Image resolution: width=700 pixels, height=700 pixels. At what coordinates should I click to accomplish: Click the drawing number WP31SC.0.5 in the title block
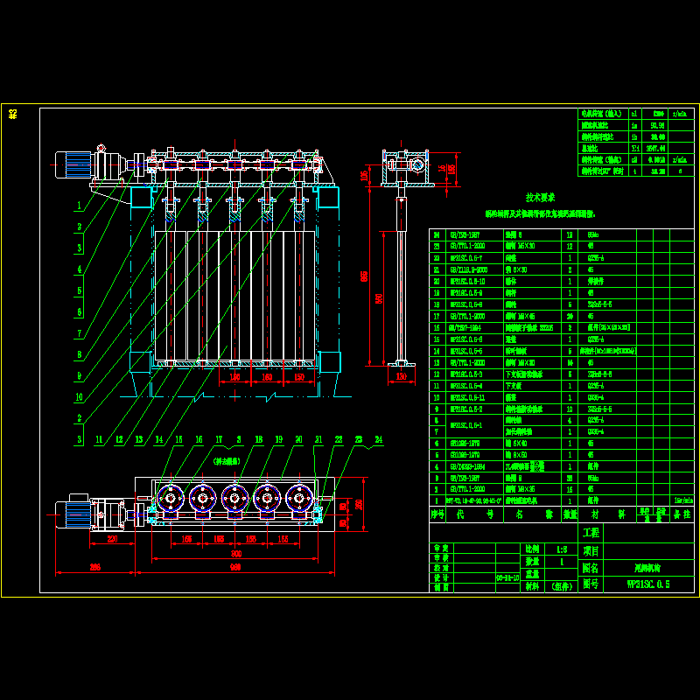point(647,584)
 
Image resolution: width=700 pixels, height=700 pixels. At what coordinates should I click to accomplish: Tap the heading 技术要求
point(540,198)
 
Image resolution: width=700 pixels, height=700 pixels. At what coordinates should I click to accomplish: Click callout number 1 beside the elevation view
point(79,206)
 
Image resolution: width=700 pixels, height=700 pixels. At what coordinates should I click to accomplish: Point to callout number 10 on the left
point(79,396)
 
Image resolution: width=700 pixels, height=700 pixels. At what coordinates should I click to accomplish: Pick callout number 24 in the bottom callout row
point(378,439)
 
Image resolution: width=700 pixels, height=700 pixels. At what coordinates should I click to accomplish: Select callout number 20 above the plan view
point(298,439)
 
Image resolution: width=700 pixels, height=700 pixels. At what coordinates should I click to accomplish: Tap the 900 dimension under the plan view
point(235,555)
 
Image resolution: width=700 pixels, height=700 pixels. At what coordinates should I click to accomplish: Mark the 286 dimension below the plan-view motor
point(94,568)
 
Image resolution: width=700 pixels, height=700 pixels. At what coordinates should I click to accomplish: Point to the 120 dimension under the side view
point(402,376)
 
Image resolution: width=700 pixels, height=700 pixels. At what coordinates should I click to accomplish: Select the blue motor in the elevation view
point(75,164)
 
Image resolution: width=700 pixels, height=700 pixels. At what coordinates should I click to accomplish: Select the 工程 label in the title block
point(591,532)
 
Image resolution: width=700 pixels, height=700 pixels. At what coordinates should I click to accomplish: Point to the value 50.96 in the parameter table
point(654,125)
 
